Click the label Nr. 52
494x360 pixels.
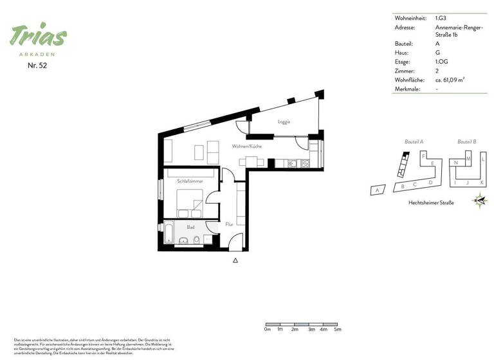pos(38,65)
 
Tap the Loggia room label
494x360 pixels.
pos(284,122)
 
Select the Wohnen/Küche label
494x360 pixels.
pos(246,147)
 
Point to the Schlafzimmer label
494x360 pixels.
pos(190,181)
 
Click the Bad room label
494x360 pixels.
pos(190,227)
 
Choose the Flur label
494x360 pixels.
pos(229,224)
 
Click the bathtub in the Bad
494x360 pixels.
pos(169,232)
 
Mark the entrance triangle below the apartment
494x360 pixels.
pos(236,260)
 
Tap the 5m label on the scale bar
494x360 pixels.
pos(338,328)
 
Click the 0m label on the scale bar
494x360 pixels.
pos(268,328)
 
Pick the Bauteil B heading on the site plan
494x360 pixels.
pos(466,141)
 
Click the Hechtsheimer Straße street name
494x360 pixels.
pos(431,203)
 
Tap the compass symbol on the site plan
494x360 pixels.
pos(480,201)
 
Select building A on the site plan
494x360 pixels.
pos(378,190)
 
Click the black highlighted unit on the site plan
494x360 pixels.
pos(405,155)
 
